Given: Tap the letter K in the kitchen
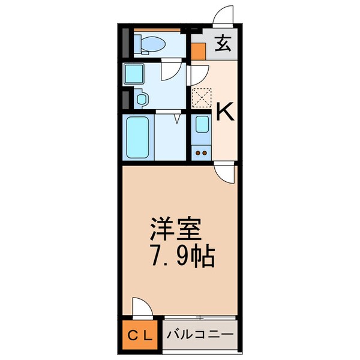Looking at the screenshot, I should [x=224, y=111].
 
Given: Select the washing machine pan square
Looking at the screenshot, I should [x=134, y=74].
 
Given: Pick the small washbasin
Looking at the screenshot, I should [x=142, y=99].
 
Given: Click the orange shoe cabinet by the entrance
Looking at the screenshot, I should [x=197, y=50].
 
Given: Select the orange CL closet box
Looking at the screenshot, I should [x=141, y=334].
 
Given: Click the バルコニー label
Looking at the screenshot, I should [x=200, y=334].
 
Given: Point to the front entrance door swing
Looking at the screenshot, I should [x=227, y=16].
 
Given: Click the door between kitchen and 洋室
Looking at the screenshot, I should [x=224, y=173].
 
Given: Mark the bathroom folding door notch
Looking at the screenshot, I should [x=176, y=119].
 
